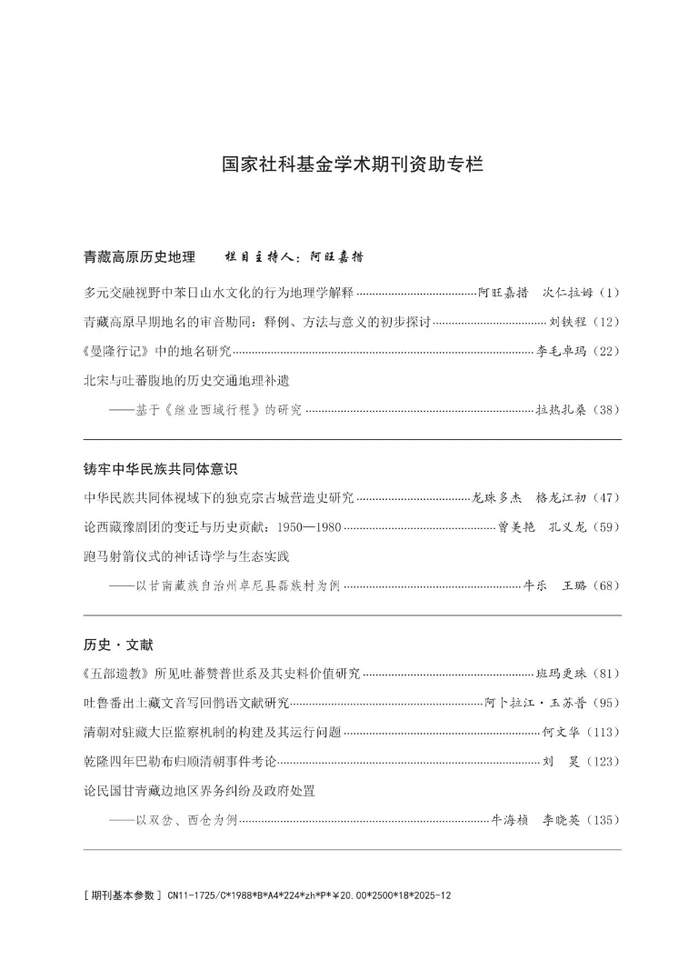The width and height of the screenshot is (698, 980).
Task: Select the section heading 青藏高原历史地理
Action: tap(139, 257)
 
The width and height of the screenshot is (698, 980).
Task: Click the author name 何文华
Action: tap(561, 732)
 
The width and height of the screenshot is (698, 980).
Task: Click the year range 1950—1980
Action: tap(310, 526)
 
